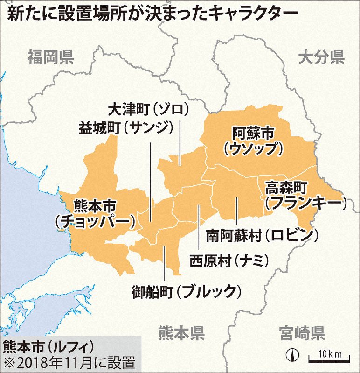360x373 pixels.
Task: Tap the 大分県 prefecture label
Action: pos(321,58)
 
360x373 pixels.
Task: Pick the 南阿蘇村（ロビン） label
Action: pos(263,234)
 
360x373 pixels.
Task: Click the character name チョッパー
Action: pos(97,221)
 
